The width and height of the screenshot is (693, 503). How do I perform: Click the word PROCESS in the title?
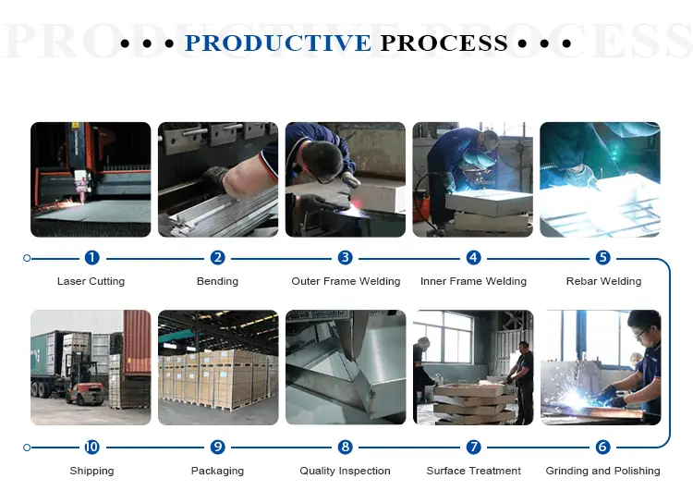[x=444, y=43]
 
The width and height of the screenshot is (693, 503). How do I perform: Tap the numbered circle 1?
[x=91, y=258]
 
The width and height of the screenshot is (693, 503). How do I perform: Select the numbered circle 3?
[x=346, y=258]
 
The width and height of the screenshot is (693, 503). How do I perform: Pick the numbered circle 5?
[x=602, y=258]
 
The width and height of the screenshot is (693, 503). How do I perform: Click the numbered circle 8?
[x=346, y=448]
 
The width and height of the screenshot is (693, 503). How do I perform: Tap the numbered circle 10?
[x=91, y=448]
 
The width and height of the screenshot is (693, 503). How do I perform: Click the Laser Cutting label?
[x=91, y=281]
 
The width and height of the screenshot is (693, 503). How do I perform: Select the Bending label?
[x=217, y=281]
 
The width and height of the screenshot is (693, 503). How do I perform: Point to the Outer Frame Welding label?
[x=346, y=281]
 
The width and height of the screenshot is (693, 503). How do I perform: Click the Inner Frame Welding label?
[x=473, y=281]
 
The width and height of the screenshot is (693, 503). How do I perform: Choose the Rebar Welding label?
[x=603, y=281]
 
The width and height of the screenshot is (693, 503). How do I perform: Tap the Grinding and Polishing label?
[x=602, y=471]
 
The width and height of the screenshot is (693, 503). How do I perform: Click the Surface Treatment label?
[x=473, y=471]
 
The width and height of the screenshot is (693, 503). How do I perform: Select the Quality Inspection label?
[x=345, y=471]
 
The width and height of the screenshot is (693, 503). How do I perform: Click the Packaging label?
[x=217, y=471]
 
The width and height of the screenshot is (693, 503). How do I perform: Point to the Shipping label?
[x=91, y=471]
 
